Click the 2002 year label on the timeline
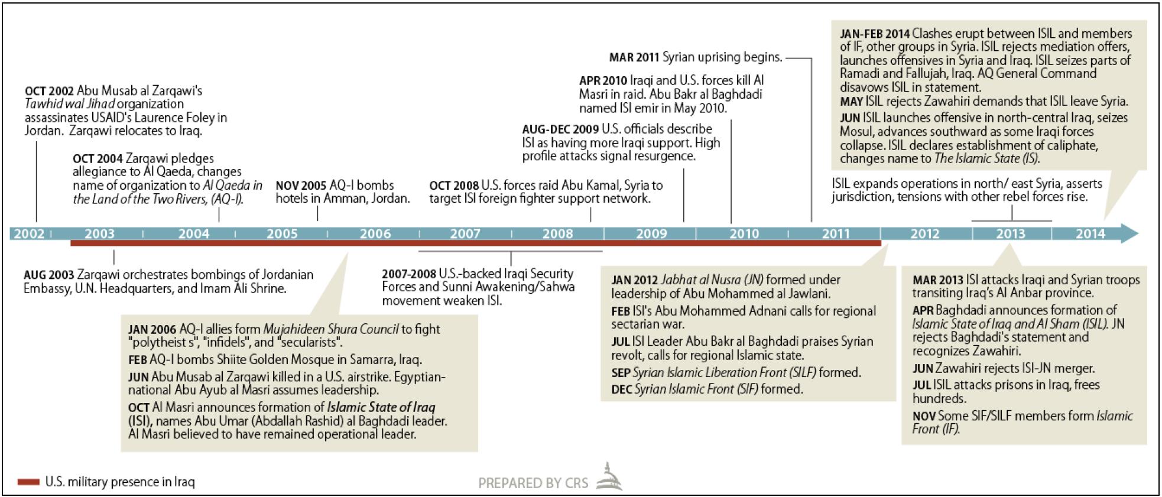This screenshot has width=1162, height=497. coord(29,233)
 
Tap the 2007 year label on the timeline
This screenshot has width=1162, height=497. coord(465,233)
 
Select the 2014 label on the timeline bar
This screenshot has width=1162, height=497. coord(1090,233)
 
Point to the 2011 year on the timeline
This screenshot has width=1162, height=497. coord(836,233)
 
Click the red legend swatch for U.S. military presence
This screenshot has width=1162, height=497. coord(28,482)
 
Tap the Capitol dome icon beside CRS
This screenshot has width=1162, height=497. coord(608,477)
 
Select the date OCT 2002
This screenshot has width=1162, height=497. coord(49,91)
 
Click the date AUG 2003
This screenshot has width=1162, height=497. coord(48,275)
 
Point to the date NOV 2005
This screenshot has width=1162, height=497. coord(301,186)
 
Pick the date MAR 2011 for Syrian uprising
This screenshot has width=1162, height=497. coord(634,57)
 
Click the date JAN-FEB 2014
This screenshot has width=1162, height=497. coord(875,34)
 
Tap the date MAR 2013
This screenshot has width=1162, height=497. coord(937,280)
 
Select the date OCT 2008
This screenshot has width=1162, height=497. coord(453,186)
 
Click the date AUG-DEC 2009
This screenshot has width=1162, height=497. coord(560,129)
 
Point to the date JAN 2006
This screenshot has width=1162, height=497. coord(152,329)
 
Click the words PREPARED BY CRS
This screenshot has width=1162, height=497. coord(533,483)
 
